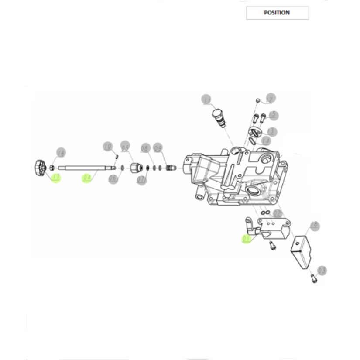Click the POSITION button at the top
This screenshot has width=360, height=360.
277,13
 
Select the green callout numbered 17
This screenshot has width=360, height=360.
55,177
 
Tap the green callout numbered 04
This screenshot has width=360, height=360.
87,178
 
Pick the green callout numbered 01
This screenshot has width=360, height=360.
247,239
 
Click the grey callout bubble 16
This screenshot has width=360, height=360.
61,153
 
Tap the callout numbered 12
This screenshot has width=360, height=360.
270,99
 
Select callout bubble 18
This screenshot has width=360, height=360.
314,226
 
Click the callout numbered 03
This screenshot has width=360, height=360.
322,271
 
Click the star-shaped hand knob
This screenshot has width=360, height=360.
38,168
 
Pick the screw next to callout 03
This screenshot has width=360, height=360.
312,277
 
